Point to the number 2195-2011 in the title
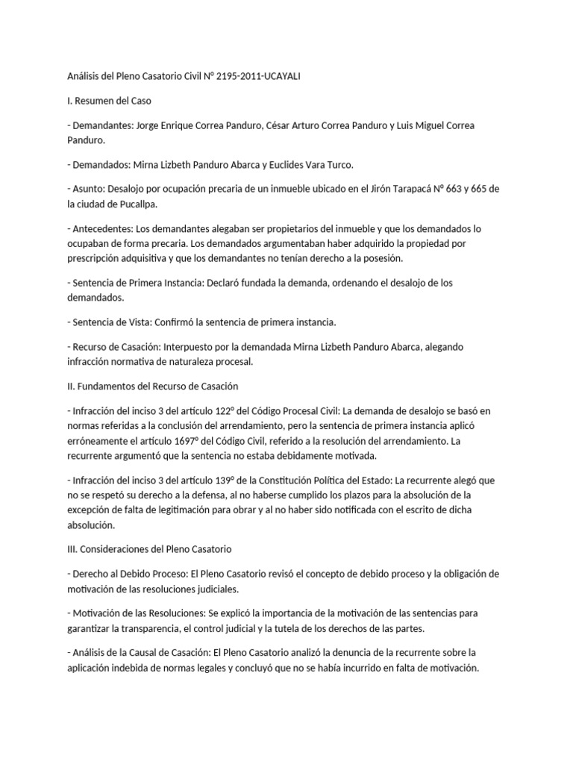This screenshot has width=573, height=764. [x=240, y=76]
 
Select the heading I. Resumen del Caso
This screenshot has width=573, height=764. [x=109, y=101]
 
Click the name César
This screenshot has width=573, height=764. [x=281, y=125]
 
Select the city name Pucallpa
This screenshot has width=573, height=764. [x=137, y=203]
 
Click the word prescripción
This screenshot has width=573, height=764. [x=98, y=257]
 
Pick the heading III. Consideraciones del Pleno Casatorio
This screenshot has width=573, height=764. [x=149, y=548]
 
